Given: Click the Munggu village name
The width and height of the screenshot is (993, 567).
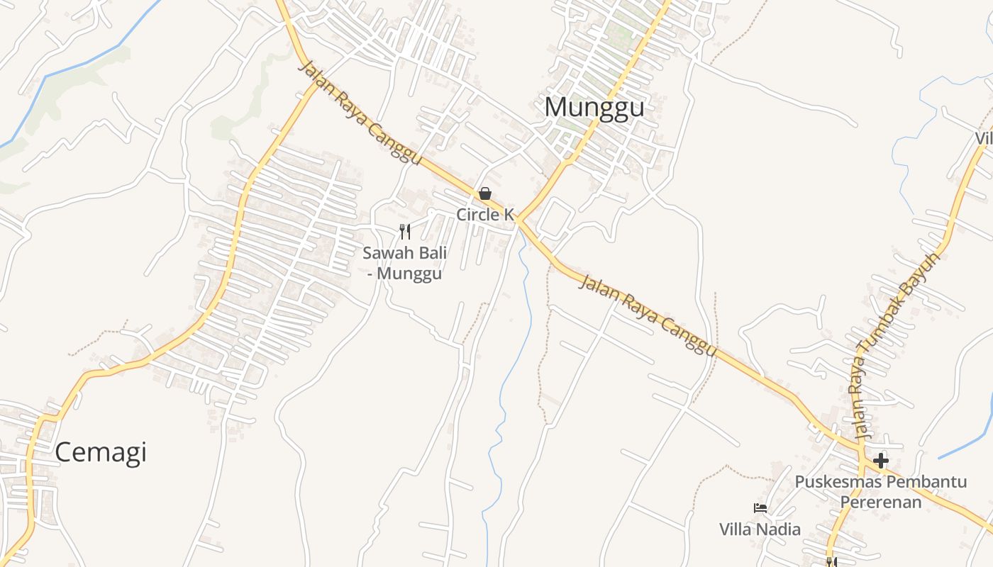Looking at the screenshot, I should (594, 107).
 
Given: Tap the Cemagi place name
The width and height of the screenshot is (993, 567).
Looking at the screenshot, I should (101, 451).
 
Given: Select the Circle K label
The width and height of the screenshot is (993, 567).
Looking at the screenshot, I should (485, 214).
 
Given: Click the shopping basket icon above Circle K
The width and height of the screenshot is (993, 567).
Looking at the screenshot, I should (485, 193).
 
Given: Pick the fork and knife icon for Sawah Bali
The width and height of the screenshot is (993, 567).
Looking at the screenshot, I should (405, 231).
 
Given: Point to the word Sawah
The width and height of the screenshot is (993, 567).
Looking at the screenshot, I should (387, 253).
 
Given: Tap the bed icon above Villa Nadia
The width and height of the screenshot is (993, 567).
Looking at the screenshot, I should (760, 508).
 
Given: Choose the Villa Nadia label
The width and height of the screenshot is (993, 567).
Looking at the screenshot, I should (760, 529).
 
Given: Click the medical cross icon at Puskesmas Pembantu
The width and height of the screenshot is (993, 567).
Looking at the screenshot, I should (881, 461).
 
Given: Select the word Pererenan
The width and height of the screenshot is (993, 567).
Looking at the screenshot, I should (881, 503).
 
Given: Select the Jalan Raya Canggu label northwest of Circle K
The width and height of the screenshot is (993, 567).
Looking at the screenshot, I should (360, 113).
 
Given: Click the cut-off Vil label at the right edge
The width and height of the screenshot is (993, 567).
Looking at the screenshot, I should (984, 139).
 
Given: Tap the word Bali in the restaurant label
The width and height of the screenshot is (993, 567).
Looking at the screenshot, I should (429, 253).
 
